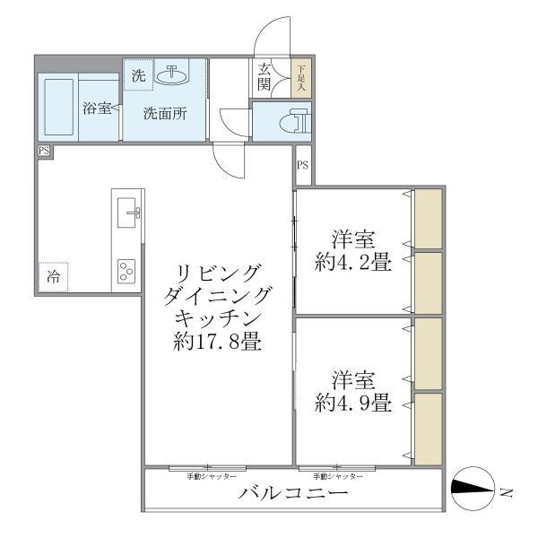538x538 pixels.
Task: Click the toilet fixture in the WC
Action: (294, 121)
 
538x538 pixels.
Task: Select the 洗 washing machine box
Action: (137, 76)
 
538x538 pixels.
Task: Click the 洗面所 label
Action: (166, 114)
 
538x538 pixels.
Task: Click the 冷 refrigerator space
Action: (54, 276)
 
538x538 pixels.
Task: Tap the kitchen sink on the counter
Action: (131, 213)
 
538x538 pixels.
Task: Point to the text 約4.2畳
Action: (352, 264)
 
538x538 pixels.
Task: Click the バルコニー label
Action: (292, 494)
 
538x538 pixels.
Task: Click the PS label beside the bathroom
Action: (44, 152)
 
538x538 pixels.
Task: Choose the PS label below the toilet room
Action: (303, 165)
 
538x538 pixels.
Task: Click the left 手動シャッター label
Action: (212, 475)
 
